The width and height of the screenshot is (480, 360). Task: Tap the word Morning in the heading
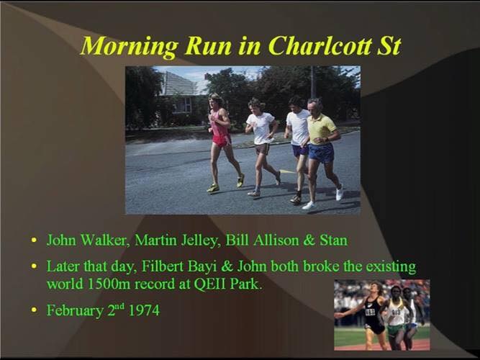130,47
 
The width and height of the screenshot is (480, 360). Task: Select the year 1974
144,310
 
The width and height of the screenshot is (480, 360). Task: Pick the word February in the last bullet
75,310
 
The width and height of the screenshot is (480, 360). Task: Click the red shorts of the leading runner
222,140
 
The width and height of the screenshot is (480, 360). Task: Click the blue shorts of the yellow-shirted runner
321,153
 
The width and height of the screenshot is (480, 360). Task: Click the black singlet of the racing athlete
373,311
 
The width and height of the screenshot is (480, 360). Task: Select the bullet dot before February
35,310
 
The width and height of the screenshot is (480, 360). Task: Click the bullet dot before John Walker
35,240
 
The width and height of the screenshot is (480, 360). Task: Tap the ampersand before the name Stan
309,240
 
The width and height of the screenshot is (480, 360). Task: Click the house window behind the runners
183,105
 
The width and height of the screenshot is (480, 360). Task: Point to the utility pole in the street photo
313,82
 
